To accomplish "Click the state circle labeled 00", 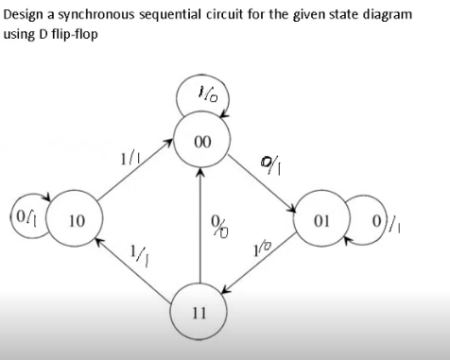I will click(199, 144).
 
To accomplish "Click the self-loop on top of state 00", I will click(199, 95).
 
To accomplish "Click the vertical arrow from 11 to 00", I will click(199, 227).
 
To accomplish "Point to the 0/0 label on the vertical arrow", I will click(219, 228).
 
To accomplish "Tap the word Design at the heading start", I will click(22, 16).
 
